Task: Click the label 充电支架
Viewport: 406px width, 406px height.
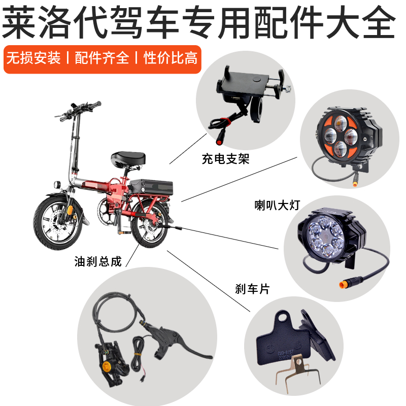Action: tap(225, 160)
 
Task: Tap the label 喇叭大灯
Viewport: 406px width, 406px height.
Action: tap(278, 205)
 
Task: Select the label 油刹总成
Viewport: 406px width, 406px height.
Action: tap(98, 262)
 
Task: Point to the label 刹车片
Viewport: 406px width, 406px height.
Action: tap(252, 289)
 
